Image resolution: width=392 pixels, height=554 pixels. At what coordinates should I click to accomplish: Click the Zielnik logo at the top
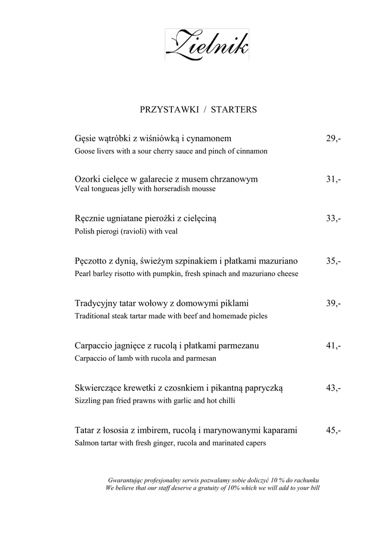(x=208, y=44)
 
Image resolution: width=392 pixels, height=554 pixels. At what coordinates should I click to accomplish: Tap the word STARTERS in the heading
(x=234, y=109)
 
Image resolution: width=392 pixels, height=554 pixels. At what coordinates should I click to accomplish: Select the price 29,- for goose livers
(x=333, y=139)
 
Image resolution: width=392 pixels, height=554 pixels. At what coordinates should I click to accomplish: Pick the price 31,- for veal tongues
(x=333, y=179)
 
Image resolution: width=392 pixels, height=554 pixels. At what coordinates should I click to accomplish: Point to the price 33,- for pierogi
(x=333, y=219)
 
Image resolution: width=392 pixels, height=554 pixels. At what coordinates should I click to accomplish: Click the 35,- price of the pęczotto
(x=333, y=261)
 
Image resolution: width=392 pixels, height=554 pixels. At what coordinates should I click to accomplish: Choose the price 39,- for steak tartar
(x=333, y=304)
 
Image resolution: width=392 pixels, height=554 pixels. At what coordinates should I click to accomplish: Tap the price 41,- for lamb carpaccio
(x=333, y=346)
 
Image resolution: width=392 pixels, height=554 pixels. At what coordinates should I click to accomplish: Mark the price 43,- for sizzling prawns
(x=333, y=388)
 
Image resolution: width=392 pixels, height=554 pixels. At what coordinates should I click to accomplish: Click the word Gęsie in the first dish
(x=85, y=140)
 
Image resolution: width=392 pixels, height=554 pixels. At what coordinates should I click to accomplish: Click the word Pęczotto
(x=92, y=262)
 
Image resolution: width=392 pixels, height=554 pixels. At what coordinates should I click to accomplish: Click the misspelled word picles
(x=257, y=316)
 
